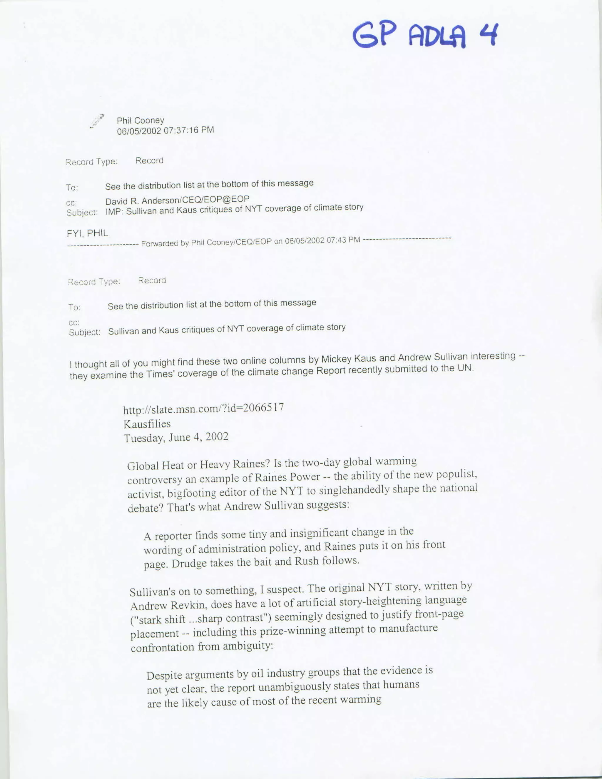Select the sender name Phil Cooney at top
pyautogui.click(x=141, y=121)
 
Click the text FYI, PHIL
pyautogui.click(x=87, y=234)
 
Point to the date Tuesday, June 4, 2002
pyautogui.click(x=176, y=438)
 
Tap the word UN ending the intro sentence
pyautogui.click(x=466, y=368)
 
